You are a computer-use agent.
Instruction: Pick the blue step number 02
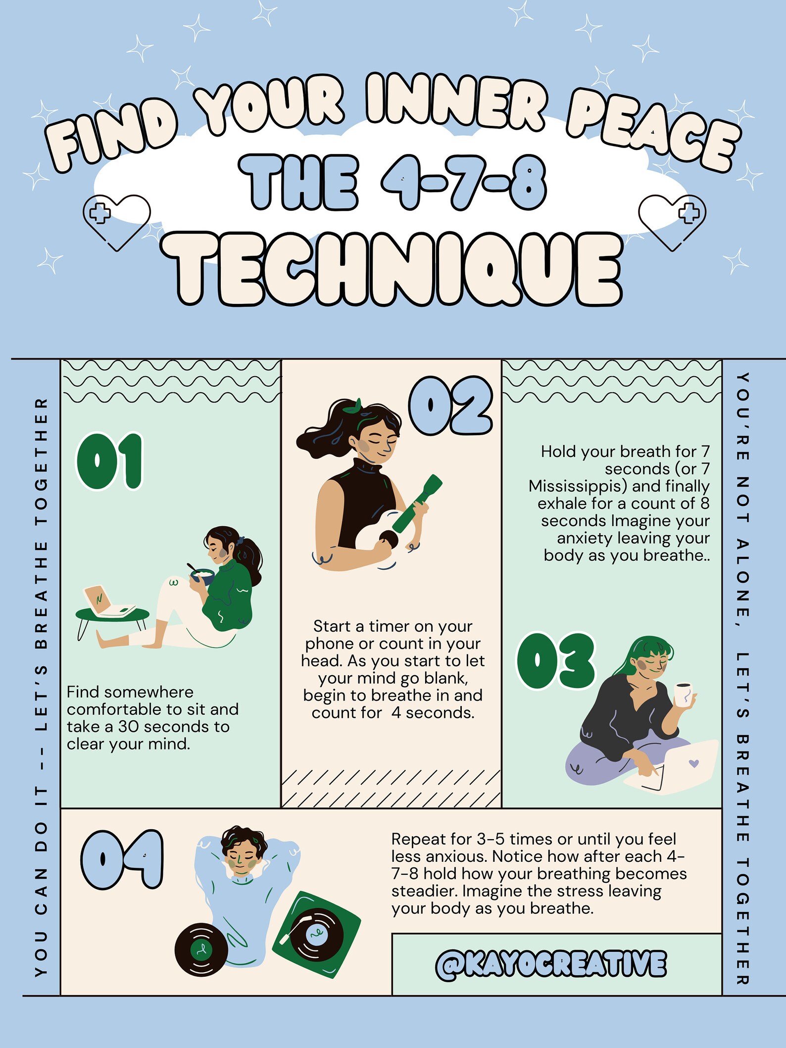click(451, 406)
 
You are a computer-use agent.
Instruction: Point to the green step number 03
click(556, 661)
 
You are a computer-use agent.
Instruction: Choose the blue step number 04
click(122, 859)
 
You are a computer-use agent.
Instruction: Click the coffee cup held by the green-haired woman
click(683, 694)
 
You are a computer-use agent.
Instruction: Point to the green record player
click(317, 931)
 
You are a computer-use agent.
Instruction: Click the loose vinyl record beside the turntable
click(201, 949)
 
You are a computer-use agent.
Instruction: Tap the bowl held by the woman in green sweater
click(202, 576)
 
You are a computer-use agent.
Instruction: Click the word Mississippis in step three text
click(577, 486)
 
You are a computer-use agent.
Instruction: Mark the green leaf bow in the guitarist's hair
click(352, 407)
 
